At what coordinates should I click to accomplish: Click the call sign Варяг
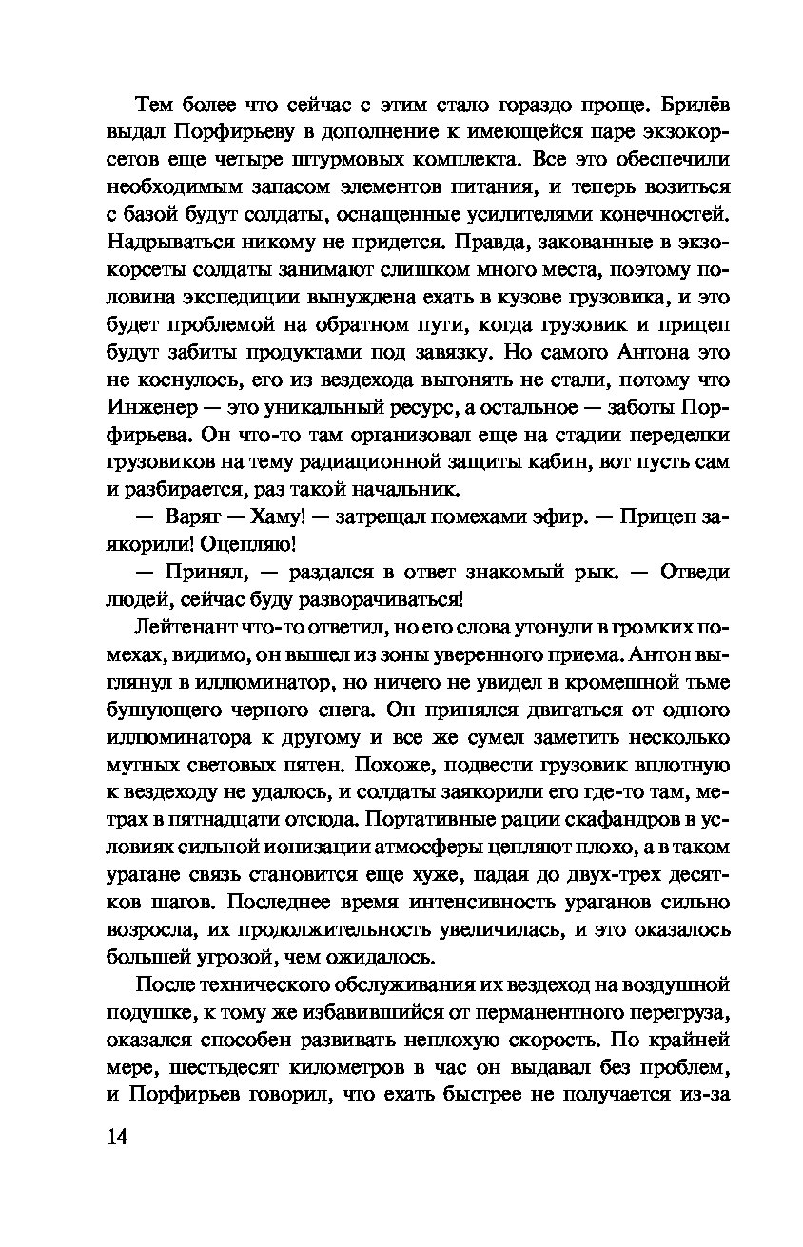pos(193,517)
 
